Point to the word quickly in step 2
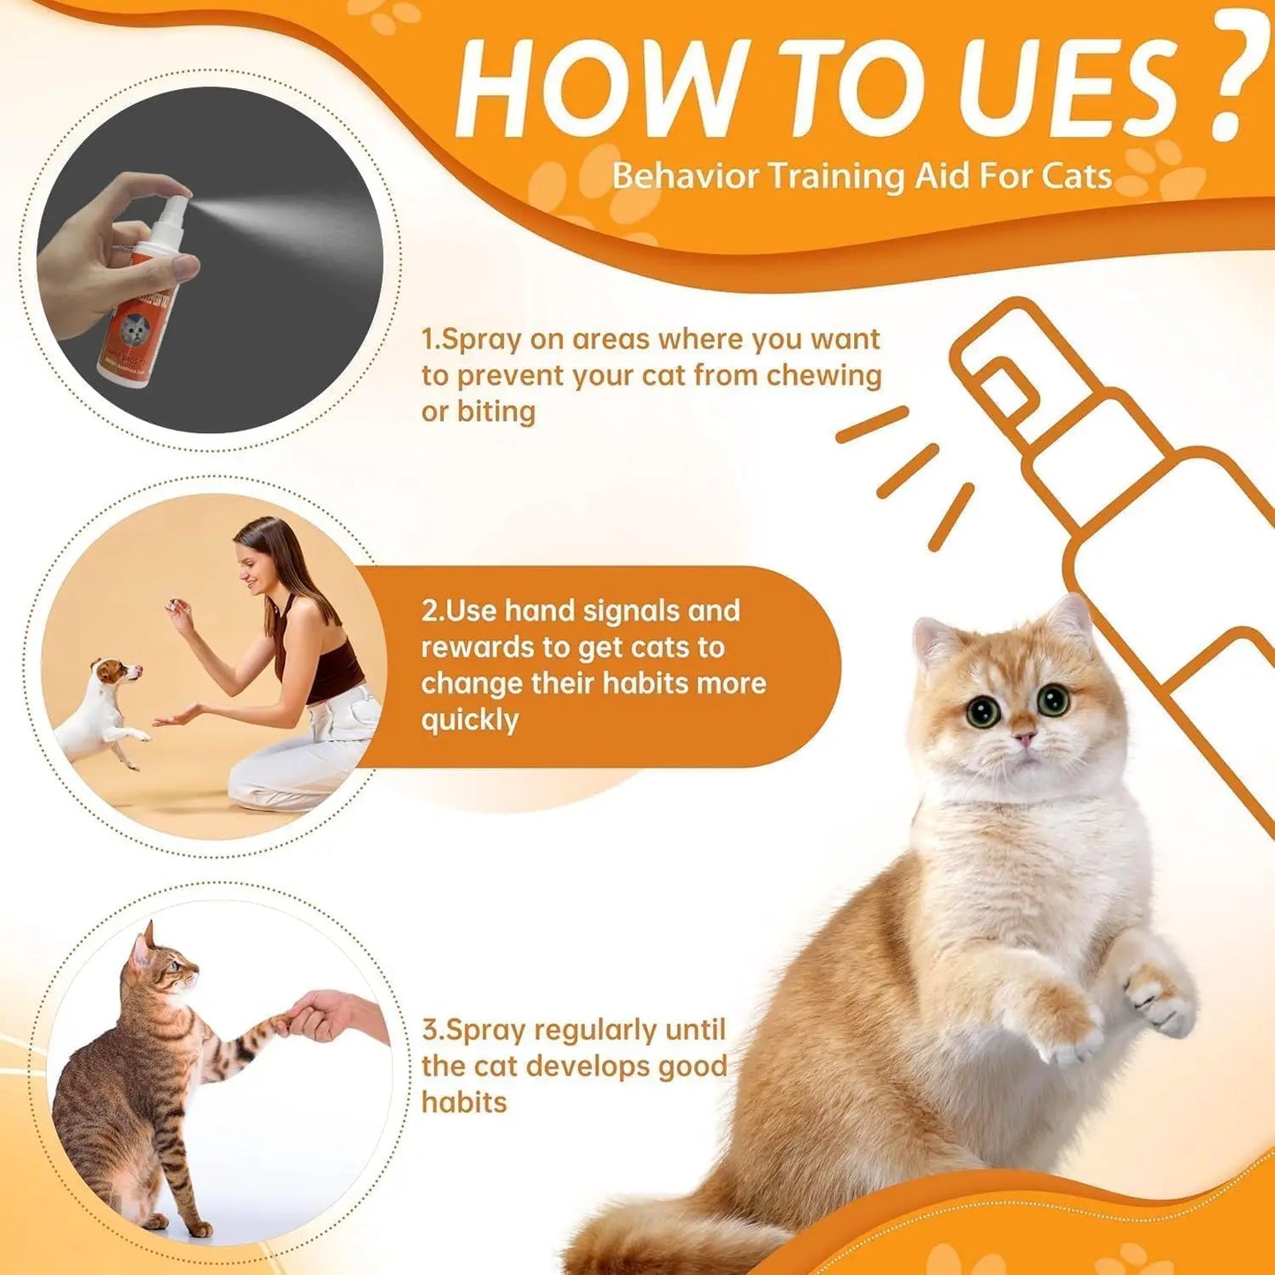[x=469, y=720]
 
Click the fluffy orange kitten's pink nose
[x=1024, y=737]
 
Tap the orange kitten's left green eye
[x=982, y=711]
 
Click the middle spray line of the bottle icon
[x=907, y=469]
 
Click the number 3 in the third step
[x=430, y=1030]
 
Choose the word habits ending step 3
[x=464, y=1102]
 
